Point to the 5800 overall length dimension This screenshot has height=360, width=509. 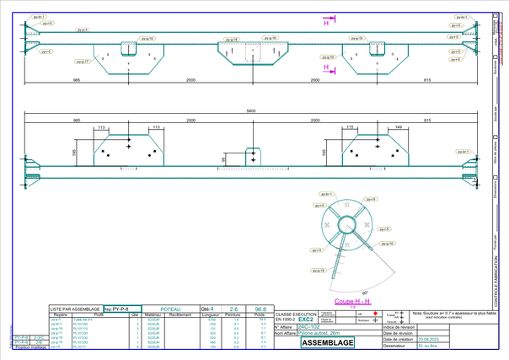coord(251,111)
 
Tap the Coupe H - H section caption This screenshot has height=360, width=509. coord(352,301)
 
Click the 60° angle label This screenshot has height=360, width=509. coord(353,291)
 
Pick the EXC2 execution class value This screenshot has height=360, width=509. coord(306,320)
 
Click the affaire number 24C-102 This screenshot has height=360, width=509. coord(309,327)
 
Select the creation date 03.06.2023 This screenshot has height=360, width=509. coord(429,339)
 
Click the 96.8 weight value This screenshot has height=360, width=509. coord(260,309)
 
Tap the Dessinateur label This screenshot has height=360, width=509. coord(395,346)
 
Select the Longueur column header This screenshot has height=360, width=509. coord(212,315)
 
